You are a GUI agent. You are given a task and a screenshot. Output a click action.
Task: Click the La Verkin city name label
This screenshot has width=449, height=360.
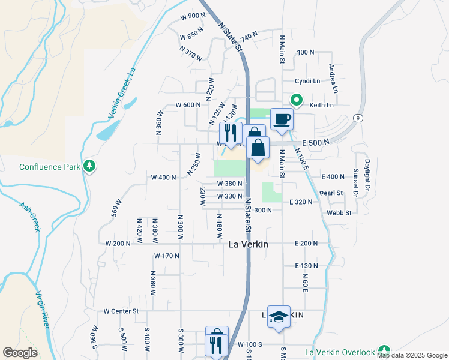point(248,244)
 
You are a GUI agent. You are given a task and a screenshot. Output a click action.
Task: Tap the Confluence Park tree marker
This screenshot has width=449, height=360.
point(89,165)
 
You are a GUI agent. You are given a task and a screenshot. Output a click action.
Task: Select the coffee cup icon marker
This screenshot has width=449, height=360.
point(281,119)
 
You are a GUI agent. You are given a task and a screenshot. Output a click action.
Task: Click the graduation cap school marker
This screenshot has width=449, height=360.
point(279,317)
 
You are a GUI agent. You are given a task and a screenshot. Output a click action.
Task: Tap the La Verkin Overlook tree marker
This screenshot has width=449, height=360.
point(384,351)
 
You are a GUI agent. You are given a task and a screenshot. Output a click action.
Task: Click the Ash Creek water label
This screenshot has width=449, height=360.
point(29,216)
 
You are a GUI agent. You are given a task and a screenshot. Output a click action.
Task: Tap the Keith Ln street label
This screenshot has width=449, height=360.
point(321,105)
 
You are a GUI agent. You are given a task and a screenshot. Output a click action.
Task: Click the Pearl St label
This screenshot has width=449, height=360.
point(331,193)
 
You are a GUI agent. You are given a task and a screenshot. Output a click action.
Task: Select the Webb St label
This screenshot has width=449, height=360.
point(339,212)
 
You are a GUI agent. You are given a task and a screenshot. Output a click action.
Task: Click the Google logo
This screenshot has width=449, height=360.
point(20,353)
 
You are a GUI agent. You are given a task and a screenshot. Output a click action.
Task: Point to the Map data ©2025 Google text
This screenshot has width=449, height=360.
point(411,356)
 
